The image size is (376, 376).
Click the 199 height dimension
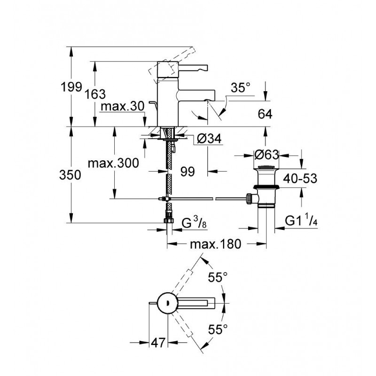click(x=71, y=86)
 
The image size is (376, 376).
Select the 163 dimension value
click(x=95, y=94)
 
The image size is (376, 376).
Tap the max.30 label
click(x=123, y=106)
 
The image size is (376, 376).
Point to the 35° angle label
click(x=241, y=88)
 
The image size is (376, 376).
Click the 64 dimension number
click(x=265, y=114)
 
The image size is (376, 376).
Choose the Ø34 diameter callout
click(x=209, y=139)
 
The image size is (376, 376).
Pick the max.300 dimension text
click(x=113, y=163)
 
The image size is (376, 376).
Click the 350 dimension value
click(x=70, y=175)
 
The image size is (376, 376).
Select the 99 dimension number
click(x=188, y=172)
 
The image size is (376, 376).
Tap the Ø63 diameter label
click(x=266, y=155)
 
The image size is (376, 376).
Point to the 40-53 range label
click(x=300, y=179)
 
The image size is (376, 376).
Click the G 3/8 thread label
click(x=194, y=223)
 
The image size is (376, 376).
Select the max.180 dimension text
click(x=215, y=244)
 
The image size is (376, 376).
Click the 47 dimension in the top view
click(x=158, y=343)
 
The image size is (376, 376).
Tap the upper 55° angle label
click(x=218, y=278)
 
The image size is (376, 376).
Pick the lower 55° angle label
click(x=218, y=329)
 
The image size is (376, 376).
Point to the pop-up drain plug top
click(x=266, y=167)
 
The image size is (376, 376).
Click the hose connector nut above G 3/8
click(x=169, y=220)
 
